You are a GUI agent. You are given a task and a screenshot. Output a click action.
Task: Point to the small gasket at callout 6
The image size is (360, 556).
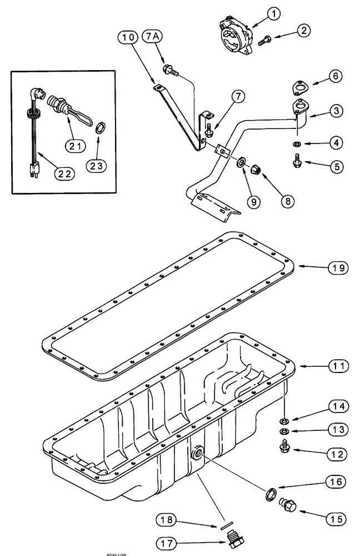(301, 88)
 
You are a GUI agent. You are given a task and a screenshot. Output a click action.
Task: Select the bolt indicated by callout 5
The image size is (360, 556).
(296, 163)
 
